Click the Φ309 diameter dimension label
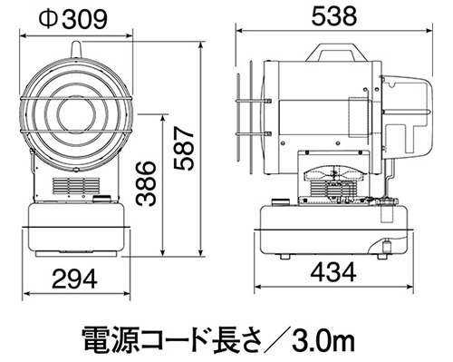(72, 19)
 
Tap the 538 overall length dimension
(334, 16)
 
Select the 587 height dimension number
(183, 149)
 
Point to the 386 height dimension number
(146, 183)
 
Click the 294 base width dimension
(75, 279)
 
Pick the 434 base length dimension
(333, 271)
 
